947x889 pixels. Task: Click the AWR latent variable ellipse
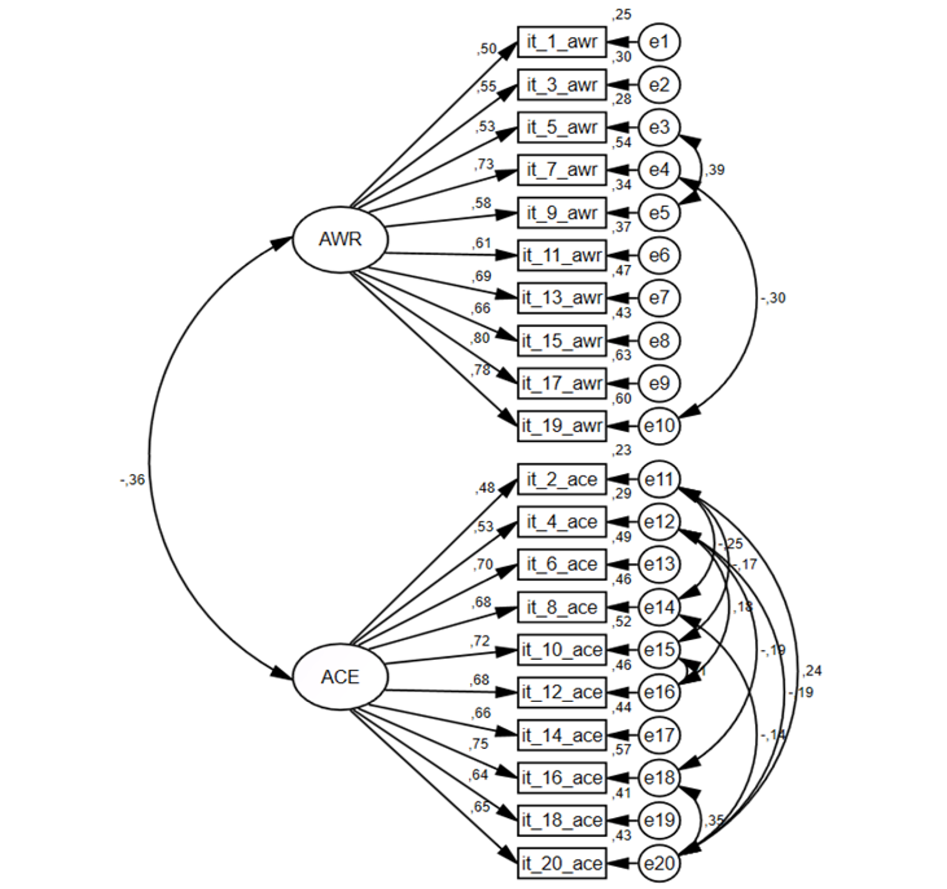pos(340,239)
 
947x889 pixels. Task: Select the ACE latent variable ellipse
pos(340,677)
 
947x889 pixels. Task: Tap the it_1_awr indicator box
pos(562,42)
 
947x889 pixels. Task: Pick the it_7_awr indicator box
pos(562,170)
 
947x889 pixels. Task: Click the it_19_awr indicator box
pos(562,426)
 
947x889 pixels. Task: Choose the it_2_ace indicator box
pos(562,479)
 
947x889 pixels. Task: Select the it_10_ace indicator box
pos(562,650)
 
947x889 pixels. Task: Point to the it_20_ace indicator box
pos(562,863)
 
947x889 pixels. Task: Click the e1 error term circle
pos(659,42)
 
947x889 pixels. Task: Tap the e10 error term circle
pos(659,426)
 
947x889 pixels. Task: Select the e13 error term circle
pos(659,564)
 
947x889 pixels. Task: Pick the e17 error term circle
pos(659,735)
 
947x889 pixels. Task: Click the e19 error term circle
pos(659,821)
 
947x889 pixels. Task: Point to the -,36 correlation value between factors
pos(133,479)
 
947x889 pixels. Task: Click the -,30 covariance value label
pos(773,298)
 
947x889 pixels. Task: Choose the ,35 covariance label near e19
pos(714,820)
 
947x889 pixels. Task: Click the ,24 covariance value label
pos(812,671)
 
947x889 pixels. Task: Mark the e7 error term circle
pos(659,298)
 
